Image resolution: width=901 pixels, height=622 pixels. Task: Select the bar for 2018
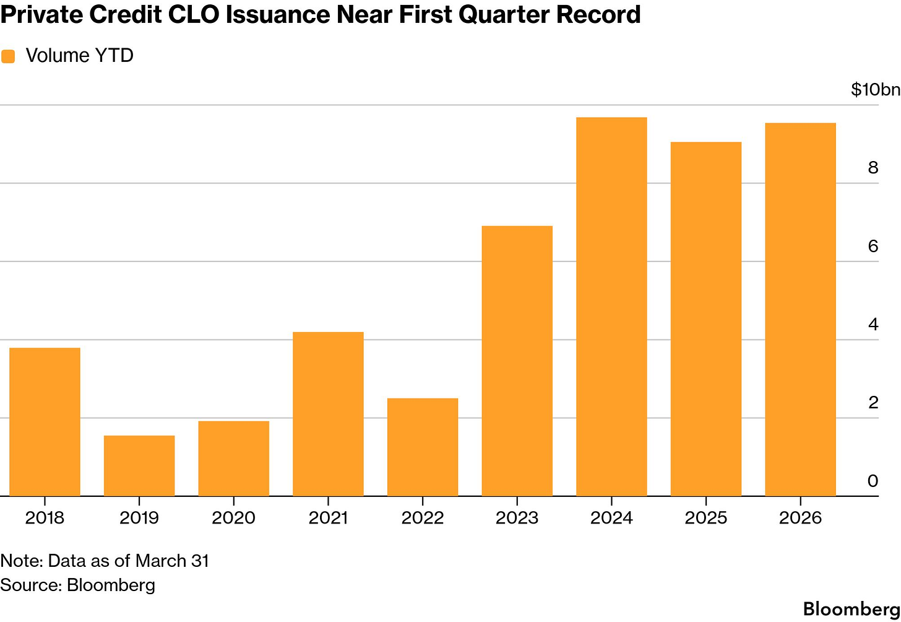(x=45, y=422)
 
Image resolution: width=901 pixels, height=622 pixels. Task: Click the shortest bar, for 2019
(x=139, y=466)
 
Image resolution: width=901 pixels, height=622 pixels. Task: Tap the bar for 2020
(x=233, y=458)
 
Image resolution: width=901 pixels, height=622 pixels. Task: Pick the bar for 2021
(x=328, y=414)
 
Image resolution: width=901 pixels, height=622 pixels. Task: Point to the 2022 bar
(x=423, y=447)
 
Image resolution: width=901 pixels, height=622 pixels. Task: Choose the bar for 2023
(x=517, y=361)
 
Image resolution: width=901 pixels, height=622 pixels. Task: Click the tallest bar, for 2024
(x=611, y=307)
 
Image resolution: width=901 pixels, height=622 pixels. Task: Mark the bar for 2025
(x=706, y=319)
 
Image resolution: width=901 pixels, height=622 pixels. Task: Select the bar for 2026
(x=800, y=310)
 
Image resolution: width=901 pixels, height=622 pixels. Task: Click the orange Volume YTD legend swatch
(x=8, y=56)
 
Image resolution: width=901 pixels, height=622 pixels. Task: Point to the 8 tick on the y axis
(x=873, y=168)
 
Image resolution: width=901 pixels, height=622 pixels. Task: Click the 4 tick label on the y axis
(x=873, y=324)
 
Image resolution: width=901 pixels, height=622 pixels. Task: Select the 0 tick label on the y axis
(x=873, y=481)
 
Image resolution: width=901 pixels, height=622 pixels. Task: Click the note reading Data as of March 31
(x=105, y=561)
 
